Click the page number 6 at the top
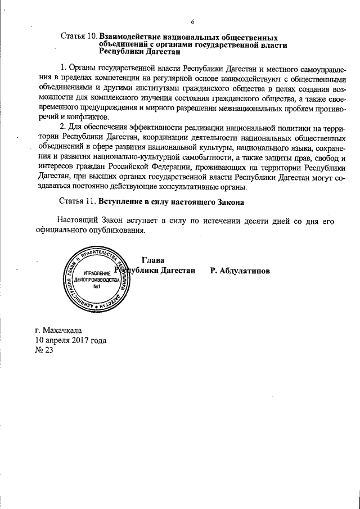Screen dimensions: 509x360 click(192, 22)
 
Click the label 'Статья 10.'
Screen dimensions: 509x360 click(78, 37)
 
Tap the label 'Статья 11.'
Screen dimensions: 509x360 click(78, 201)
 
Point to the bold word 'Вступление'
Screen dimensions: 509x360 click(123, 201)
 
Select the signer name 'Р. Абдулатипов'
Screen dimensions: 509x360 click(240, 271)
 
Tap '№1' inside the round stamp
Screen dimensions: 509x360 click(97, 287)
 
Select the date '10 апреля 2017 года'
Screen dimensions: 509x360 click(70, 341)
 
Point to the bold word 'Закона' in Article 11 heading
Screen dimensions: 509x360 click(230, 201)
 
